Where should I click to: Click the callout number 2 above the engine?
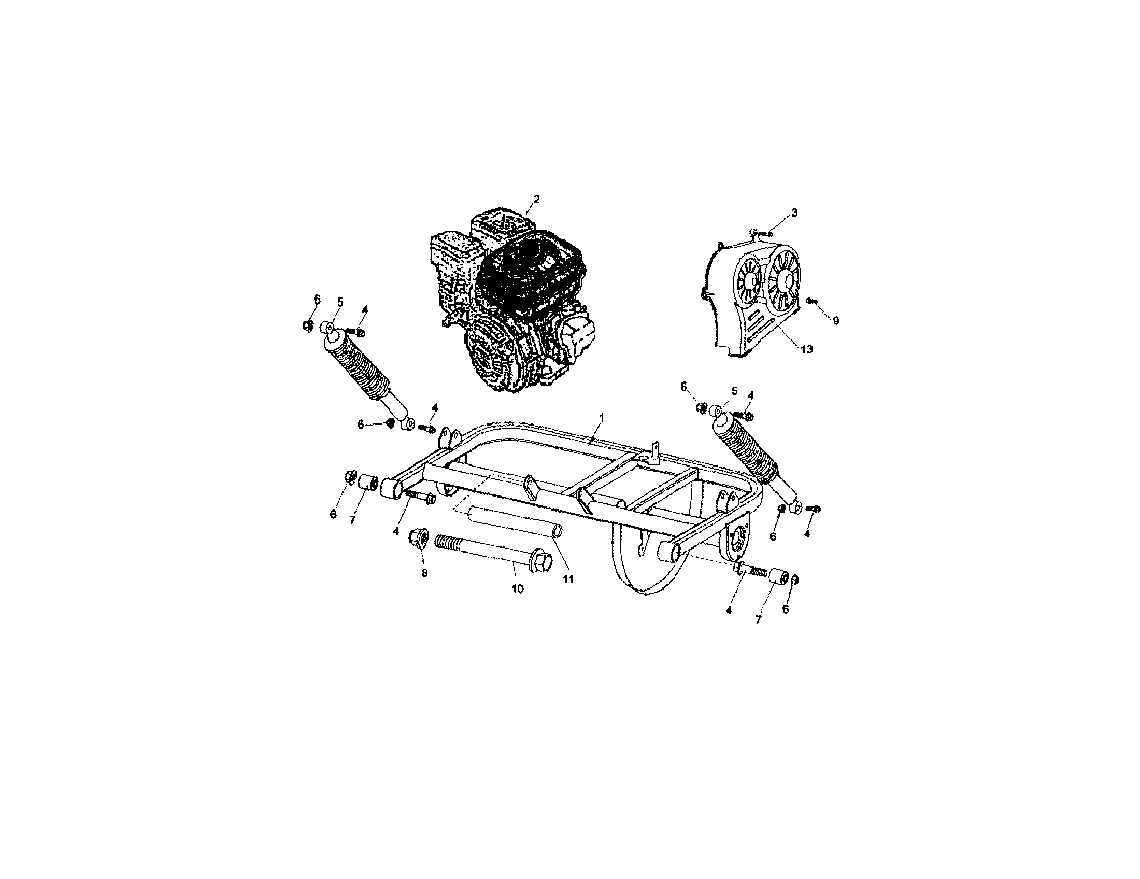[536, 199]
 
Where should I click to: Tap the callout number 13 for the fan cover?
[806, 349]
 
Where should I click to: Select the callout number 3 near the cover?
[794, 212]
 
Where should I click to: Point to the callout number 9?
[836, 321]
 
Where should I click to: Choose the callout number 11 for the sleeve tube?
[568, 578]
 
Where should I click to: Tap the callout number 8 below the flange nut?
[424, 573]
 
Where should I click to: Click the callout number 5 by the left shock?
[340, 302]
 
